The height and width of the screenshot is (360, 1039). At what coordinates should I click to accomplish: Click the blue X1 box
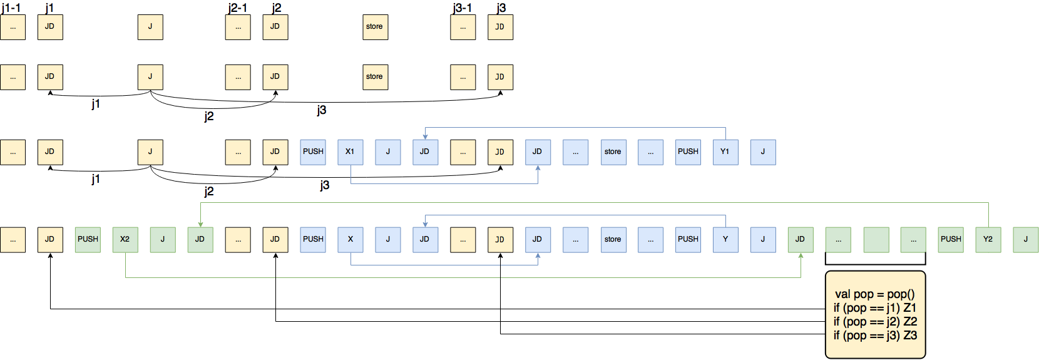click(x=350, y=152)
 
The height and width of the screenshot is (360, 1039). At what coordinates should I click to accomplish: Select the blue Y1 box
click(x=725, y=152)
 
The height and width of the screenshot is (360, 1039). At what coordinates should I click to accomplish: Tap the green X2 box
click(x=125, y=240)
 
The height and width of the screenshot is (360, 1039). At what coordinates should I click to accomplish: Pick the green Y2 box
click(x=988, y=240)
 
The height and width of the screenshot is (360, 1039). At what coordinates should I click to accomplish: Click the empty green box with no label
click(x=876, y=240)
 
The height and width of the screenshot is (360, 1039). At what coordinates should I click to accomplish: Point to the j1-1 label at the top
click(x=11, y=8)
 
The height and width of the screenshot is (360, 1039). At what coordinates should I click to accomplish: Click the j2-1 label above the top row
click(x=237, y=8)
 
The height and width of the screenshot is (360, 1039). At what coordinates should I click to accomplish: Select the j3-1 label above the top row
click(x=462, y=8)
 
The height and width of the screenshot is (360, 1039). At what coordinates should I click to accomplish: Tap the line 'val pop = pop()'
click(x=874, y=294)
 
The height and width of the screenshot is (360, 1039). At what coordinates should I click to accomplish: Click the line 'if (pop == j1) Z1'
click(x=874, y=307)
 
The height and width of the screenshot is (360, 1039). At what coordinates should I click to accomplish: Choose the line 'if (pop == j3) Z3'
click(x=874, y=335)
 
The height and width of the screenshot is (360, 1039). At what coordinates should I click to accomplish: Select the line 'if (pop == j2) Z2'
click(x=874, y=321)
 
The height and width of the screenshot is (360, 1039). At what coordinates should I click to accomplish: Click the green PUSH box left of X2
click(x=88, y=240)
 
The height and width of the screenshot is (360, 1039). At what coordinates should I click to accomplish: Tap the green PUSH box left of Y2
click(x=951, y=240)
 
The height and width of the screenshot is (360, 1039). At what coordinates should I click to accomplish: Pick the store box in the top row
click(x=375, y=27)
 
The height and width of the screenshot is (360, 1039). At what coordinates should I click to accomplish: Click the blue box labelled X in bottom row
click(x=350, y=240)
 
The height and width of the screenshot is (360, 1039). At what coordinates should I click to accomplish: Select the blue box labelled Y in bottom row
click(x=725, y=240)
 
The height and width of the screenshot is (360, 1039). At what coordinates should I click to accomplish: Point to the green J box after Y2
click(x=1025, y=240)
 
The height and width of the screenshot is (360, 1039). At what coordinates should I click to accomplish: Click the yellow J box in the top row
click(x=150, y=27)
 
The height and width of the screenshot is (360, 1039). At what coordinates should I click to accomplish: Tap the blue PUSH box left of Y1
click(x=688, y=152)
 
